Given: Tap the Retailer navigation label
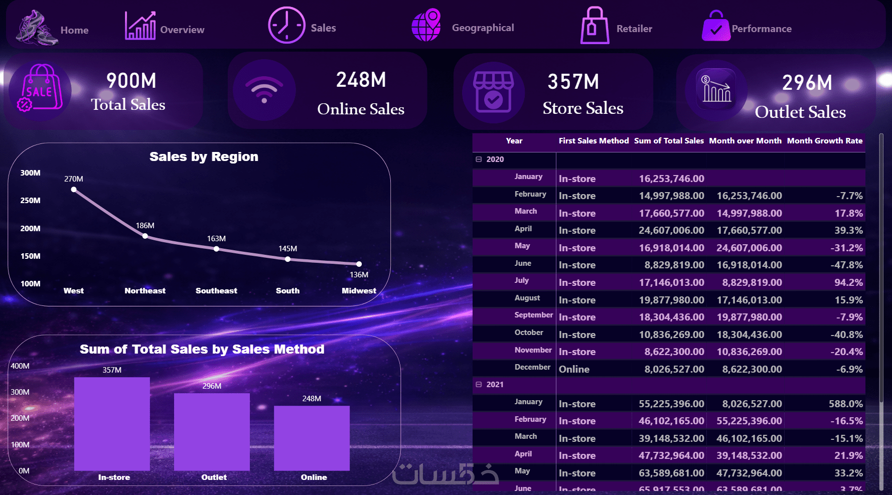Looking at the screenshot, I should click(634, 29).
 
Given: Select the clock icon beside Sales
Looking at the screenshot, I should click(286, 25).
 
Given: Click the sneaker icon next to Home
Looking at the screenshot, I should click(36, 28).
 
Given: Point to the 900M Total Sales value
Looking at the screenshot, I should click(131, 81).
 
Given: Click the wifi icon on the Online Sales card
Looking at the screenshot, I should click(264, 91).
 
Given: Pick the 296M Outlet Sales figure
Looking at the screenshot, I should click(807, 83).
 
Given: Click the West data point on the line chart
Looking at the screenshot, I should click(74, 190).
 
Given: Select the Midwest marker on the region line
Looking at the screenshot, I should click(359, 264).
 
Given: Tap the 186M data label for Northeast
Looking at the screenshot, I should click(145, 226).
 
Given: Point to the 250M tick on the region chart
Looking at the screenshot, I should click(30, 201).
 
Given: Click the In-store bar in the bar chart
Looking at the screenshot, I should click(112, 424).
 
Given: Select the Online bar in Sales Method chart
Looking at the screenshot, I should click(312, 438).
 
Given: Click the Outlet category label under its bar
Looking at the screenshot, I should click(214, 477).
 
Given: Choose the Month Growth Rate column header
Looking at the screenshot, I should click(824, 141).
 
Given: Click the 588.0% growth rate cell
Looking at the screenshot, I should click(845, 404).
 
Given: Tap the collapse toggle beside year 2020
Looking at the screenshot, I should click(479, 159).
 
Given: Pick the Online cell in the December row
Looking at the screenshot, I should click(574, 369).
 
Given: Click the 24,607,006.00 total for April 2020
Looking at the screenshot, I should click(671, 230).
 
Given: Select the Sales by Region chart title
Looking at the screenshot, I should click(204, 157).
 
